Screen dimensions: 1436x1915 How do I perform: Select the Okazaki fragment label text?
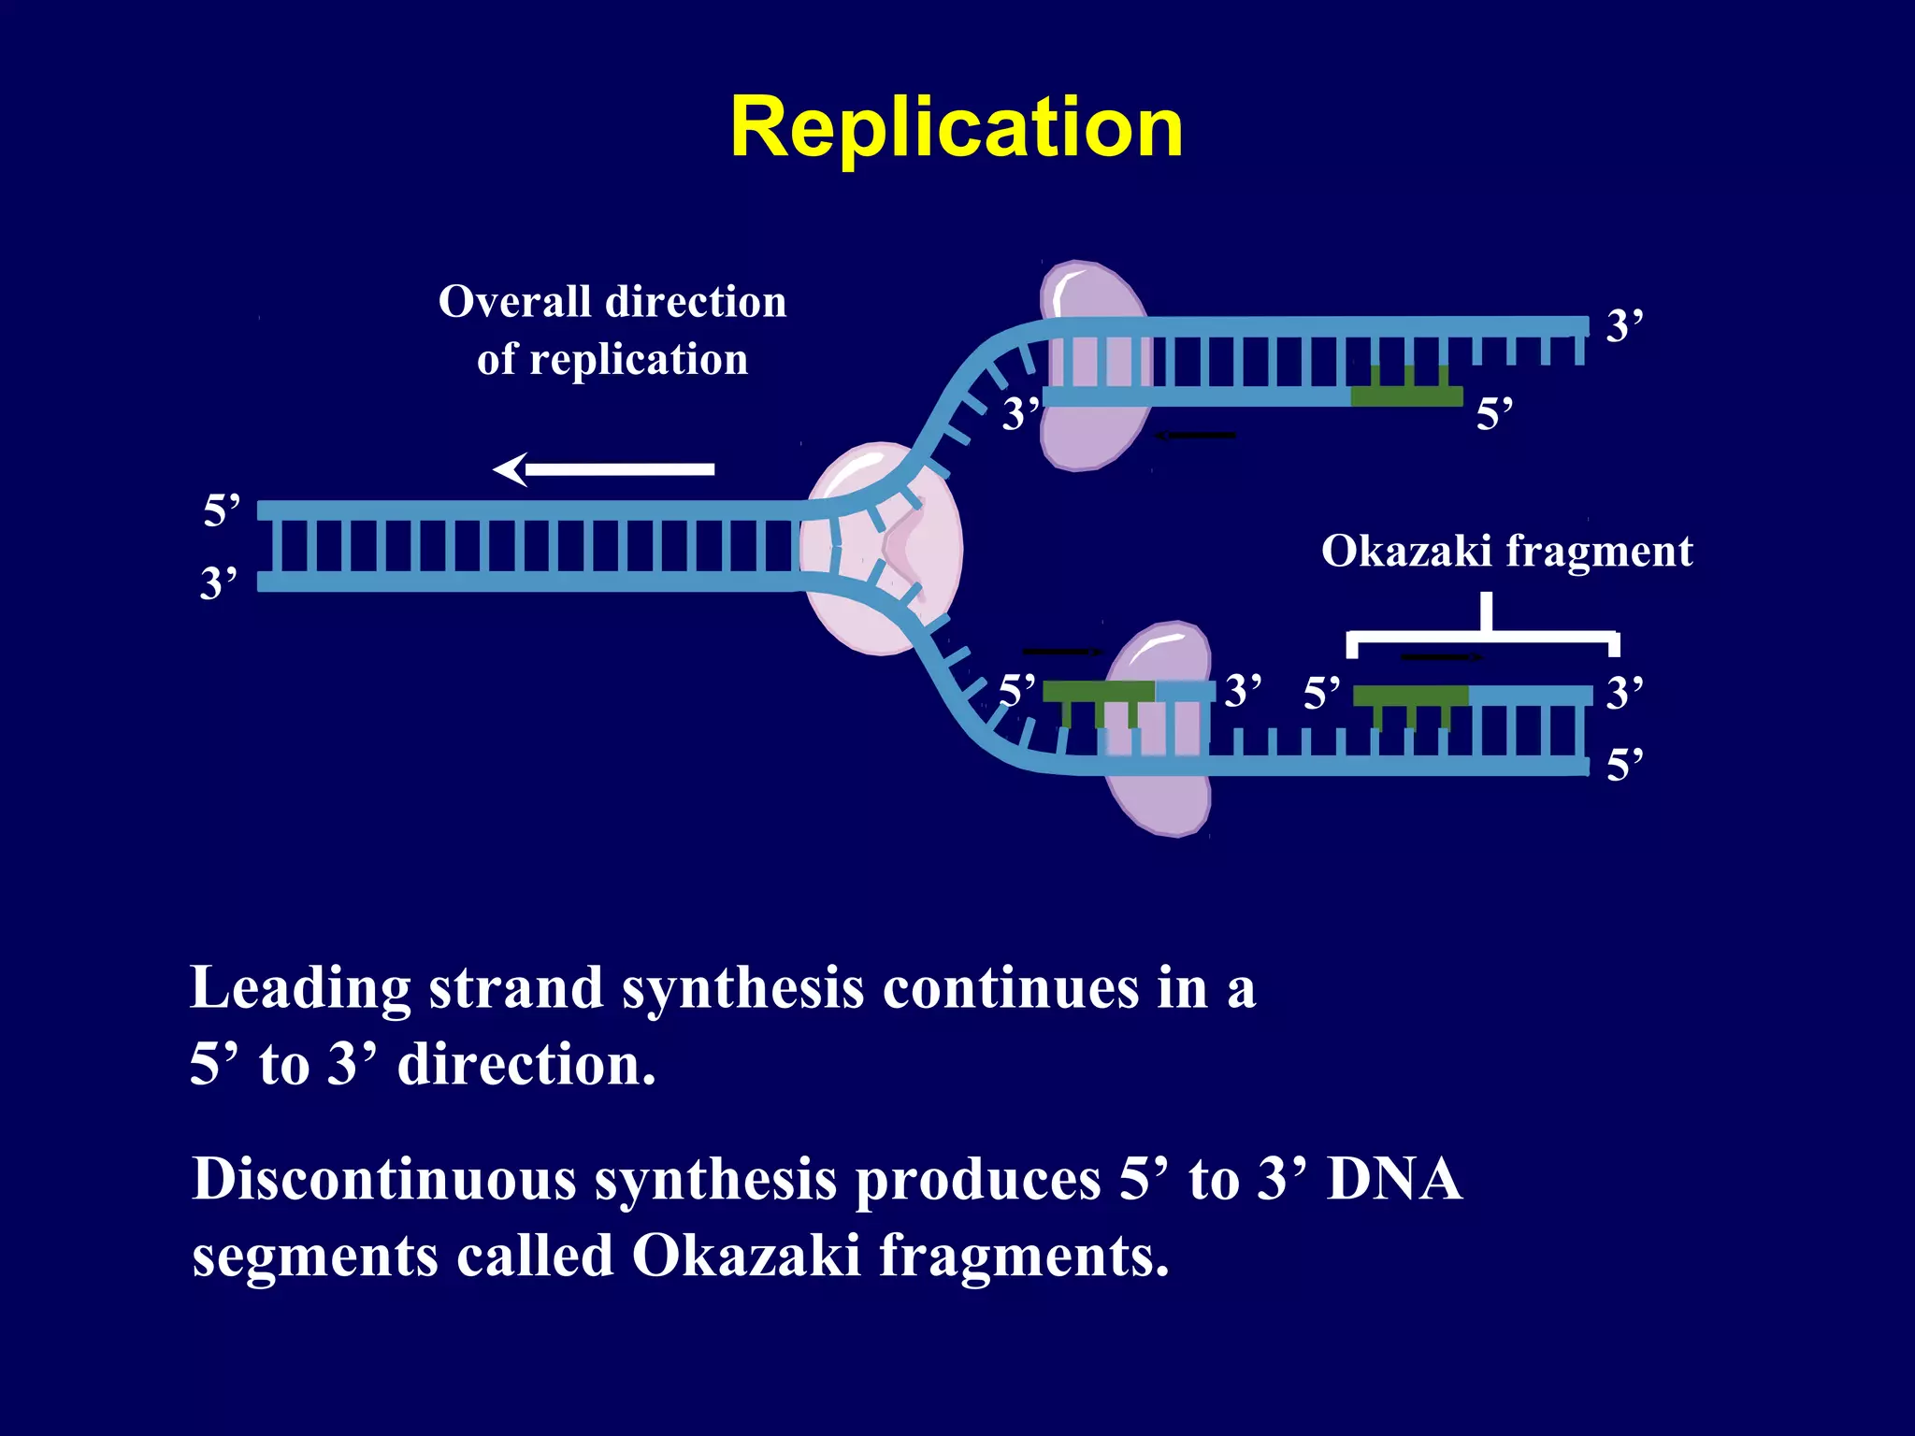(1505, 551)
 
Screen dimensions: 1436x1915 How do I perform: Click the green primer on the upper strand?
(1406, 395)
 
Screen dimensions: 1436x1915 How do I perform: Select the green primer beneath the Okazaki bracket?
(1410, 696)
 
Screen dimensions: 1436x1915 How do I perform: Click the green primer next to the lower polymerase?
(1098, 692)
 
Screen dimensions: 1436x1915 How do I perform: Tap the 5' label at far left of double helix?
(222, 510)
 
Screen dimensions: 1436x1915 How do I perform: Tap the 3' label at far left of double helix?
(219, 583)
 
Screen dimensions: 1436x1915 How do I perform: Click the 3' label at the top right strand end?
(1624, 326)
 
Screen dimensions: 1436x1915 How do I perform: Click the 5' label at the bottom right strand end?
(1624, 766)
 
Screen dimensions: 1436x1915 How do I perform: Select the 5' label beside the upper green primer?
(1493, 413)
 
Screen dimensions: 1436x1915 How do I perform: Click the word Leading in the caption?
(299, 989)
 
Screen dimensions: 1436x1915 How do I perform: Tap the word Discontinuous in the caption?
(383, 1180)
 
